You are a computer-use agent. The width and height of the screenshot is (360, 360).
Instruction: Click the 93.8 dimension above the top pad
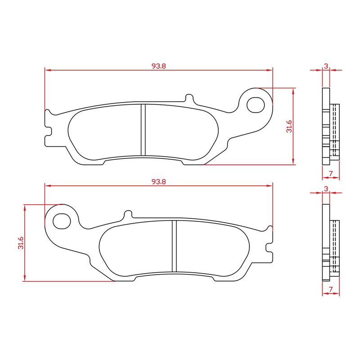click(x=159, y=66)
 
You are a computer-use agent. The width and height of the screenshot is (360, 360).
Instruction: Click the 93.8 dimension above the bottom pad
click(x=159, y=181)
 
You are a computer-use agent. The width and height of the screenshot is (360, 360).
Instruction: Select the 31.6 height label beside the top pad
click(x=289, y=126)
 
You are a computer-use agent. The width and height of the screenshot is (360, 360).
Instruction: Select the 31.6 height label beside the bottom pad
click(x=19, y=243)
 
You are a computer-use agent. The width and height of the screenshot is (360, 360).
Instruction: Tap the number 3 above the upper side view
click(x=326, y=66)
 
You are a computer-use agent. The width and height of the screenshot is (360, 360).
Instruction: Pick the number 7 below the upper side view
click(x=331, y=173)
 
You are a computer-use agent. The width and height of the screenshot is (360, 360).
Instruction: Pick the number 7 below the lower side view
click(x=331, y=289)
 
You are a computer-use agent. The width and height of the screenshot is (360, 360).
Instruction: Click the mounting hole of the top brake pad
click(x=256, y=104)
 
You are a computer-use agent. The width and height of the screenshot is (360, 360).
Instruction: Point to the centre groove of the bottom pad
click(x=175, y=246)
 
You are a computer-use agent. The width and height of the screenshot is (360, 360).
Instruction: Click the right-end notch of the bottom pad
click(x=270, y=246)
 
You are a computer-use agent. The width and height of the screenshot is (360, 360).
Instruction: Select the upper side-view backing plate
click(x=325, y=126)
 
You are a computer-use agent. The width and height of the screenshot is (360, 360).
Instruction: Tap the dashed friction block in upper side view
click(x=335, y=130)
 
